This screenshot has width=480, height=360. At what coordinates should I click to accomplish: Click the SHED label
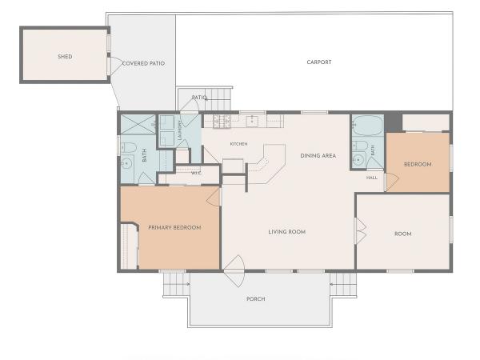pyautogui.click(x=65, y=57)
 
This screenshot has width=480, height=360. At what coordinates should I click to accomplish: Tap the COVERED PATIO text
pyautogui.click(x=143, y=63)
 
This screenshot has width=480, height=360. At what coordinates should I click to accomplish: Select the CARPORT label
pyautogui.click(x=319, y=62)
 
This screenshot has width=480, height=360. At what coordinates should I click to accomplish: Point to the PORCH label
pyautogui.click(x=256, y=298)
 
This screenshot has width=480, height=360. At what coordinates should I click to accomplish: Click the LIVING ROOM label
pyautogui.click(x=287, y=232)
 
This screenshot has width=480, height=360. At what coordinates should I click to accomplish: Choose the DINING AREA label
pyautogui.click(x=318, y=156)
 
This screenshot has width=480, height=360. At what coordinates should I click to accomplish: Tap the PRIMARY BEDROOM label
pyautogui.click(x=174, y=228)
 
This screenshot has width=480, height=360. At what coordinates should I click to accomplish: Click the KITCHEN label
pyautogui.click(x=238, y=144)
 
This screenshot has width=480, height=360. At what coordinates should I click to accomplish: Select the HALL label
pyautogui.click(x=372, y=178)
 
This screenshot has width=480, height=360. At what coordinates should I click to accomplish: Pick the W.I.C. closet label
pyautogui.click(x=196, y=173)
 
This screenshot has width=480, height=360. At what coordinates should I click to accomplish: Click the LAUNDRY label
pyautogui.click(x=180, y=130)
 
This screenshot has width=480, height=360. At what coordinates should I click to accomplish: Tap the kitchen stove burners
pyautogui.click(x=222, y=122)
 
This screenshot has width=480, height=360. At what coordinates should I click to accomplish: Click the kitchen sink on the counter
pyautogui.click(x=252, y=122)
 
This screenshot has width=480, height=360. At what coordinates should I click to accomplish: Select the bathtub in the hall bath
pyautogui.click(x=367, y=126)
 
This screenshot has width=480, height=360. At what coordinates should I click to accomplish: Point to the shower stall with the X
pyautogui.click(x=138, y=124)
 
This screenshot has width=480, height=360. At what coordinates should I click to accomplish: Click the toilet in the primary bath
pyautogui.click(x=129, y=148)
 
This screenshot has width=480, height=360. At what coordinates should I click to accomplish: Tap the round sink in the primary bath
pyautogui.click(x=126, y=164)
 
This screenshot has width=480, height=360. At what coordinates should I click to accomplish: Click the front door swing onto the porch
pyautogui.click(x=234, y=271)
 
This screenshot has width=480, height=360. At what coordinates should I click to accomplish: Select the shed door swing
pyautogui.click(x=116, y=66)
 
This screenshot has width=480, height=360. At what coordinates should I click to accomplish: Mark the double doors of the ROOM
pyautogui.click(x=361, y=231)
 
